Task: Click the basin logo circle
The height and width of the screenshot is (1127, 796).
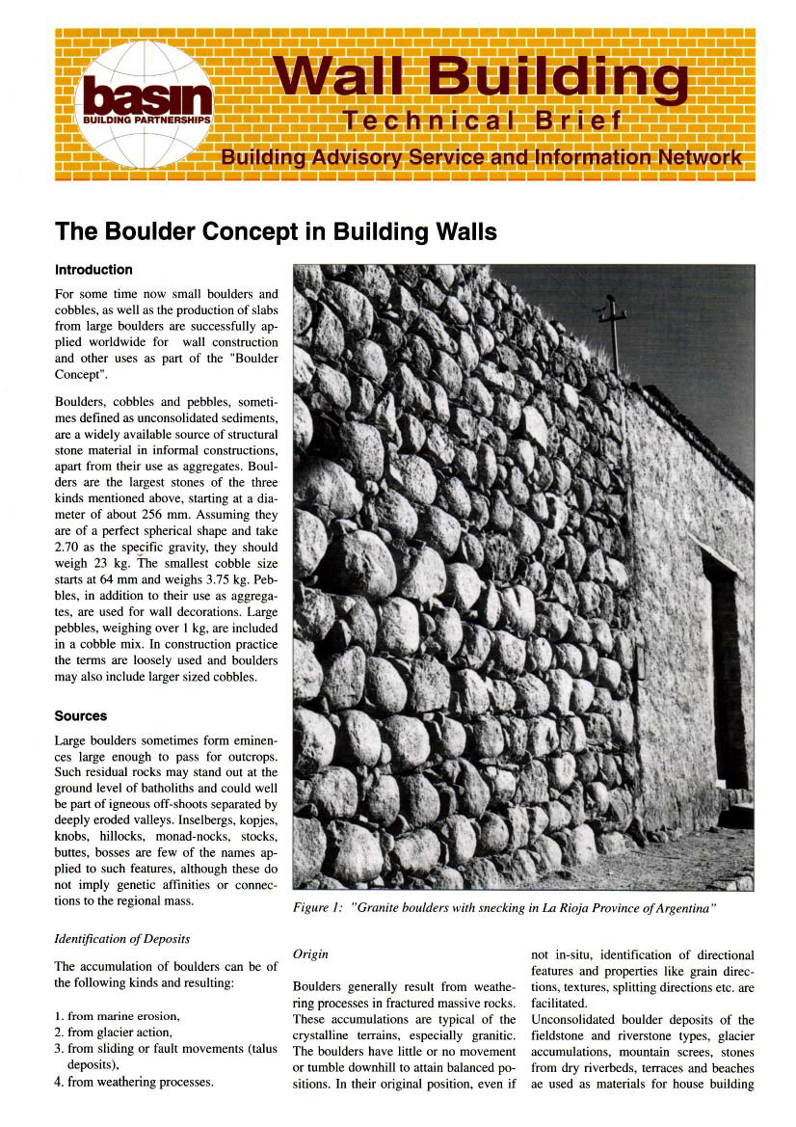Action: pyautogui.click(x=145, y=104)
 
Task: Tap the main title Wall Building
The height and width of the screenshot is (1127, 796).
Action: pyautogui.click(x=480, y=77)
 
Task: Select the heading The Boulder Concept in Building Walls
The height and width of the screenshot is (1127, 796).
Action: pyautogui.click(x=276, y=231)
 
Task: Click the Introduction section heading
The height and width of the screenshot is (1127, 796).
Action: pyautogui.click(x=93, y=270)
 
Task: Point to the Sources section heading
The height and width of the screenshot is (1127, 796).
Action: pyautogui.click(x=81, y=716)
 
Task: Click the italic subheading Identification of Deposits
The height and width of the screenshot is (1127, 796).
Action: pyautogui.click(x=121, y=938)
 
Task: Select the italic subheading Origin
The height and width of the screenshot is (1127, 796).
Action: pyautogui.click(x=310, y=953)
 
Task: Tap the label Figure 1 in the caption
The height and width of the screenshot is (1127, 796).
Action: pyautogui.click(x=318, y=909)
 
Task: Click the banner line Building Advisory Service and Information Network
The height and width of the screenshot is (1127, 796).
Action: pyautogui.click(x=481, y=157)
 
